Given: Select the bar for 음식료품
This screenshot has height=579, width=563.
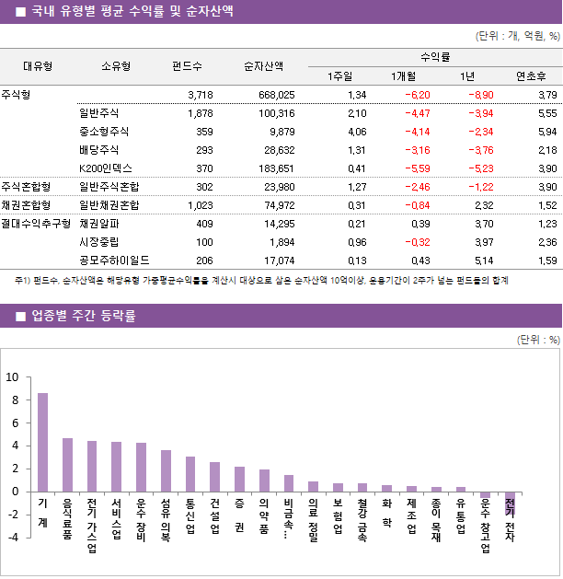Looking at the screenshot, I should (67, 465).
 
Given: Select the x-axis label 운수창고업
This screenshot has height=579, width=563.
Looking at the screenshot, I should (485, 526).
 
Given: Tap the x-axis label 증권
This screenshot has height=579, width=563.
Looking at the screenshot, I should (239, 516).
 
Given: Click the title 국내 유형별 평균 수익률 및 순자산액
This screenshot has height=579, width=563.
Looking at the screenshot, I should (132, 12).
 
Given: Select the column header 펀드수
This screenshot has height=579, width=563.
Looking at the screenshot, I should (188, 66).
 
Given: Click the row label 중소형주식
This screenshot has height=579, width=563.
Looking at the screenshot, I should (104, 132).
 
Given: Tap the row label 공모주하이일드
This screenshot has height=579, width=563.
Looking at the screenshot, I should (114, 261).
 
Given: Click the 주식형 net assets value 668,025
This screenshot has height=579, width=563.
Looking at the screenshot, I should (276, 95).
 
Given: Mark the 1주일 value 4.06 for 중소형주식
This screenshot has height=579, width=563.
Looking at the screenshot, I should (357, 132).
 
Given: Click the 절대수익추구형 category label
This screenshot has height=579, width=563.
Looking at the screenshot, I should (36, 224).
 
